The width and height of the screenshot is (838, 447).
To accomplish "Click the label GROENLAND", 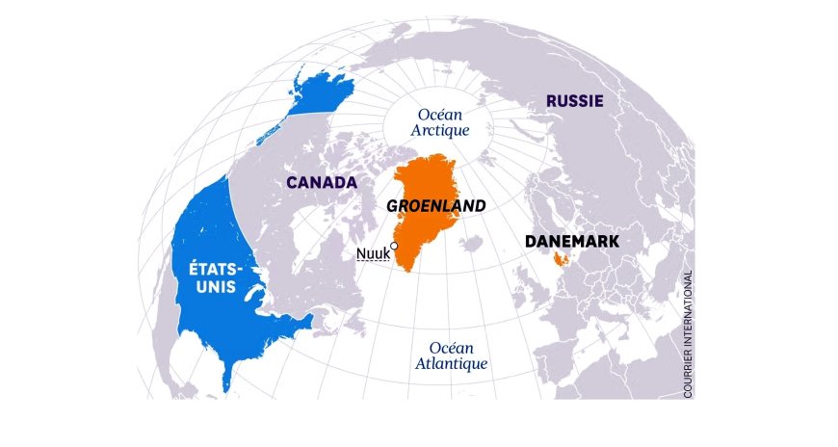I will (x=435, y=206).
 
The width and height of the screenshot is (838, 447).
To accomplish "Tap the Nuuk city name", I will (x=372, y=254).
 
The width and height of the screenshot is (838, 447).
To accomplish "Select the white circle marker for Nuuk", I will (x=394, y=247).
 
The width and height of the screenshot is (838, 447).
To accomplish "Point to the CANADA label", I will (x=322, y=182).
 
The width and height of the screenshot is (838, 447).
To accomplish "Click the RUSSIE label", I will (x=574, y=101).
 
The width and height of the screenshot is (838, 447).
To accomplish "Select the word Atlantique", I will (x=452, y=364).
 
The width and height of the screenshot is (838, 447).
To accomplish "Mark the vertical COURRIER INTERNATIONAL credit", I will (x=688, y=333).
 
